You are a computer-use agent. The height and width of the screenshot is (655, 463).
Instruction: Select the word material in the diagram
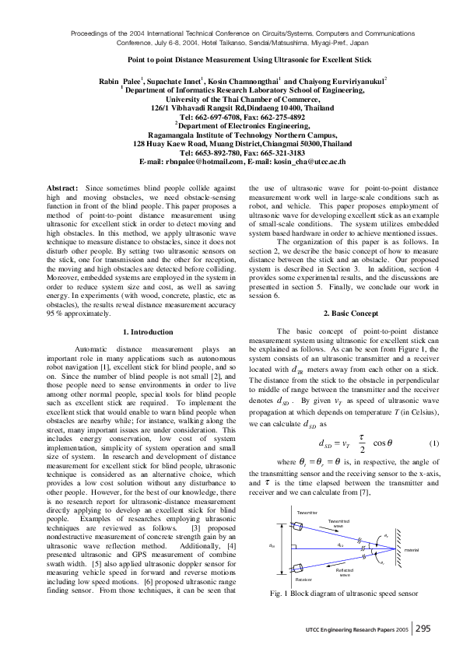412,572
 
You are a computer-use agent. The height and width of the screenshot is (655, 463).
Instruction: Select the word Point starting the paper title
138,59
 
